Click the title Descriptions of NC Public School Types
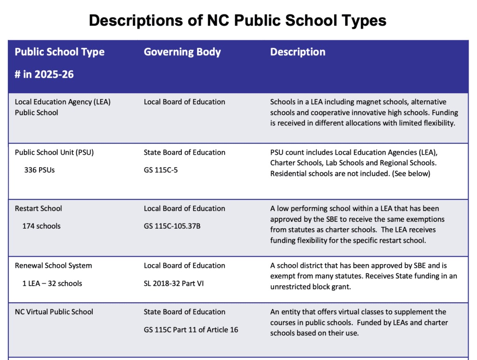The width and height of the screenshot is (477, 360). (x=238, y=20)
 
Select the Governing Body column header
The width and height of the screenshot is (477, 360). (x=182, y=52)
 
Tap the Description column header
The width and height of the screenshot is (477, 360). (x=298, y=52)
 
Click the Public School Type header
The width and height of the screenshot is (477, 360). (x=60, y=52)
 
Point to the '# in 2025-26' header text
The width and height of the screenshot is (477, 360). (x=44, y=74)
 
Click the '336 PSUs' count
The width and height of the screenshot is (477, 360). (x=39, y=170)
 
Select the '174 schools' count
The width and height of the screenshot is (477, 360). (x=41, y=226)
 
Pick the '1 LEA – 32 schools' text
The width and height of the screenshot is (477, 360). (x=52, y=283)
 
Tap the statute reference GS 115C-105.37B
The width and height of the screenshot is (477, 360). (x=174, y=226)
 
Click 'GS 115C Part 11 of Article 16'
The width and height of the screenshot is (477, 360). (x=191, y=330)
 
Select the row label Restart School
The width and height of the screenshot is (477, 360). (x=38, y=208)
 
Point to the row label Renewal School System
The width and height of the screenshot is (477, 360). (x=54, y=265)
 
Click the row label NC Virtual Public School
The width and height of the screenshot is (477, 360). (x=54, y=312)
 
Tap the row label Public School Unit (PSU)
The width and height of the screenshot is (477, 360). (x=55, y=152)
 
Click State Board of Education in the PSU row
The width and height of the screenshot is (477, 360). (x=184, y=152)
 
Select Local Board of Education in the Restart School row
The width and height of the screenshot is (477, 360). (x=184, y=208)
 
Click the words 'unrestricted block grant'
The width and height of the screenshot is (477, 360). (x=310, y=287)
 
